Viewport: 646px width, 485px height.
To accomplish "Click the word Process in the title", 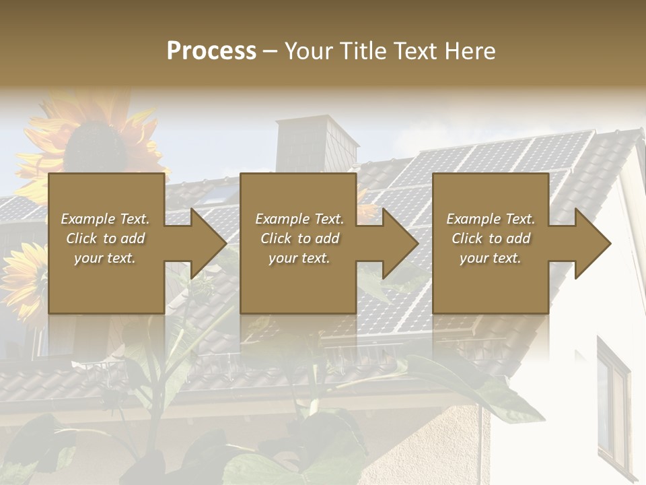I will click(x=211, y=51).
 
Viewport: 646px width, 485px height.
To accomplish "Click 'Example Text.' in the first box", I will click(x=105, y=219).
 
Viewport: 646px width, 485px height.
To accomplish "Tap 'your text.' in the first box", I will click(x=105, y=258).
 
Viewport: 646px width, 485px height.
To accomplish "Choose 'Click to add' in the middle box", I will click(x=299, y=238).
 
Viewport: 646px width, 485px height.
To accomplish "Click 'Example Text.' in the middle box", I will click(x=299, y=219).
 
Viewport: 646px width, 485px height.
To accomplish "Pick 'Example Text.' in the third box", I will click(x=491, y=219).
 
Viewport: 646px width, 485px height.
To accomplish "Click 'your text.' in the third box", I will click(x=491, y=258).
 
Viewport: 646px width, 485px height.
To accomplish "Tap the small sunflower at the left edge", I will click(x=20, y=276).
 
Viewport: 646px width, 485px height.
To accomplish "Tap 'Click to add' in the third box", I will click(x=491, y=238).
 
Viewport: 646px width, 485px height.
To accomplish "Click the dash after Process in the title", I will click(x=271, y=51).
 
